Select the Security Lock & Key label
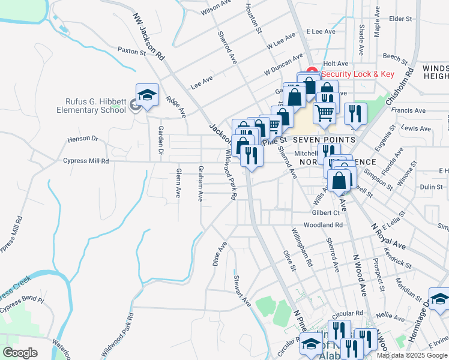tap(357, 74)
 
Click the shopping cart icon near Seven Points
tap(324, 112)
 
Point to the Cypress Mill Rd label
tap(87, 161)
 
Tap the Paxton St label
tap(131, 52)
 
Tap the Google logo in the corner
tap(20, 353)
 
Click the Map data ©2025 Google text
tap(412, 355)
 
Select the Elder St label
tap(399, 19)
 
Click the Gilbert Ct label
tap(326, 213)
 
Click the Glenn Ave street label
tap(178, 184)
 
